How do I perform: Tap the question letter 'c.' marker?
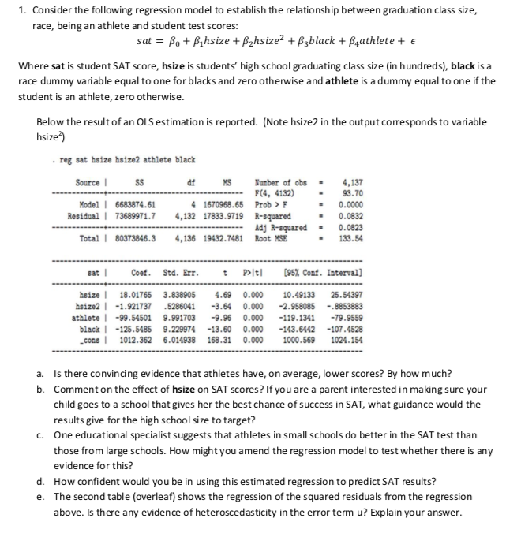coord(40,435)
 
